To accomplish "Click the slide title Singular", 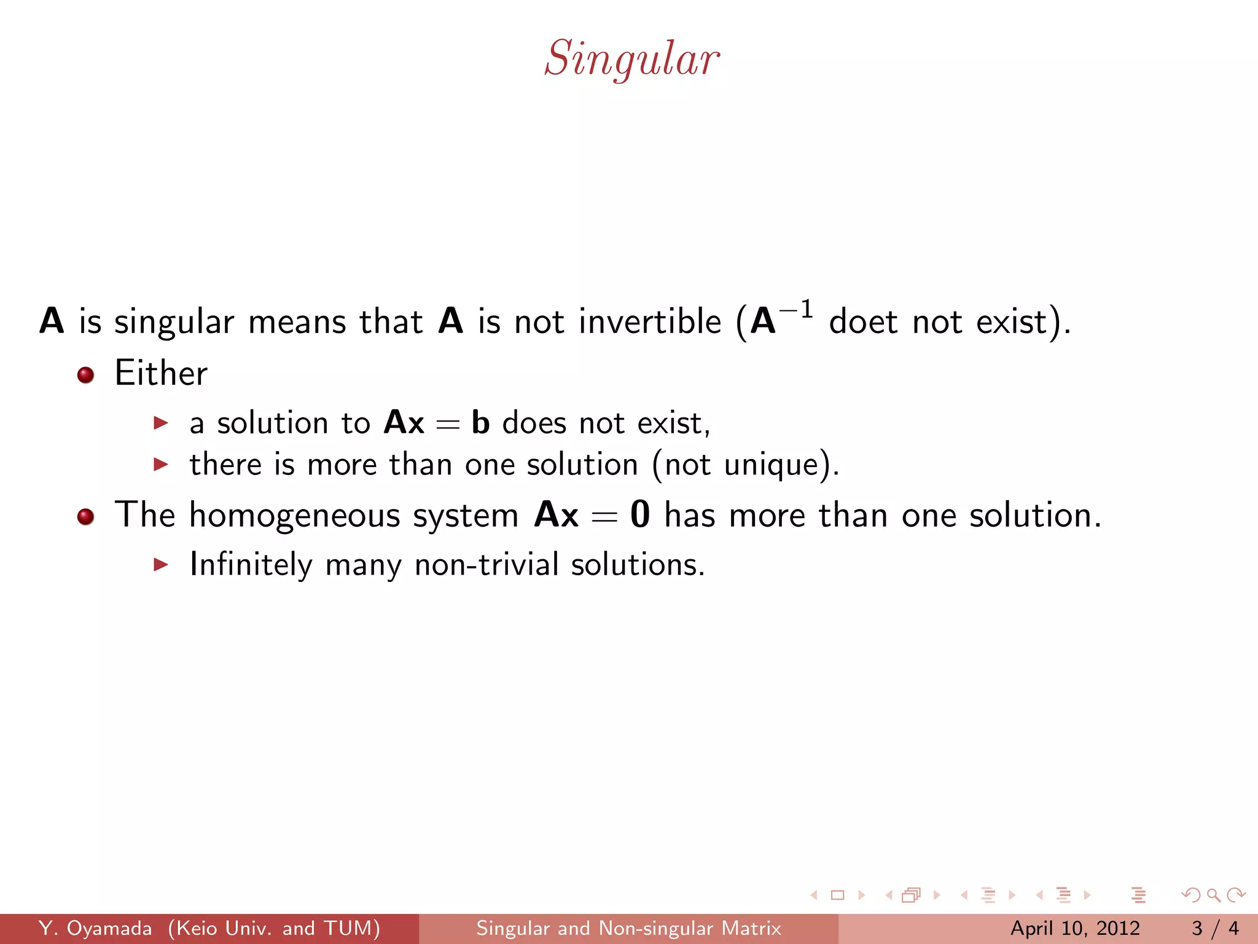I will pos(631,59).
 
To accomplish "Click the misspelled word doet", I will pos(863,321).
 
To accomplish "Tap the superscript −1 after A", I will pos(796,310).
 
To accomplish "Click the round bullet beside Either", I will pos(85,375).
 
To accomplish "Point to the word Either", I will pos(161,373).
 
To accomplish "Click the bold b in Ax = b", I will pos(480,423).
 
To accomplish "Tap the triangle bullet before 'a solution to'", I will pos(161,423).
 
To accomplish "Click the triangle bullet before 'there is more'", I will pos(161,464).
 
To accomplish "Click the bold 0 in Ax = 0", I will pos(639,514).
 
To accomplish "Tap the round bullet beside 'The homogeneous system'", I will pos(85,516).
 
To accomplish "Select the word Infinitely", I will pos(251,565).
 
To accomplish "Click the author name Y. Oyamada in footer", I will pos(95,928).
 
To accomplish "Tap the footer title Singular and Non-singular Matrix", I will pos(628,928).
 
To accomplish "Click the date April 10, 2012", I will pos(1075,928).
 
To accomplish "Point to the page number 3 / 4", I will pos(1215,928).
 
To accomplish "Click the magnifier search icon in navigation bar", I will pos(1213,895).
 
